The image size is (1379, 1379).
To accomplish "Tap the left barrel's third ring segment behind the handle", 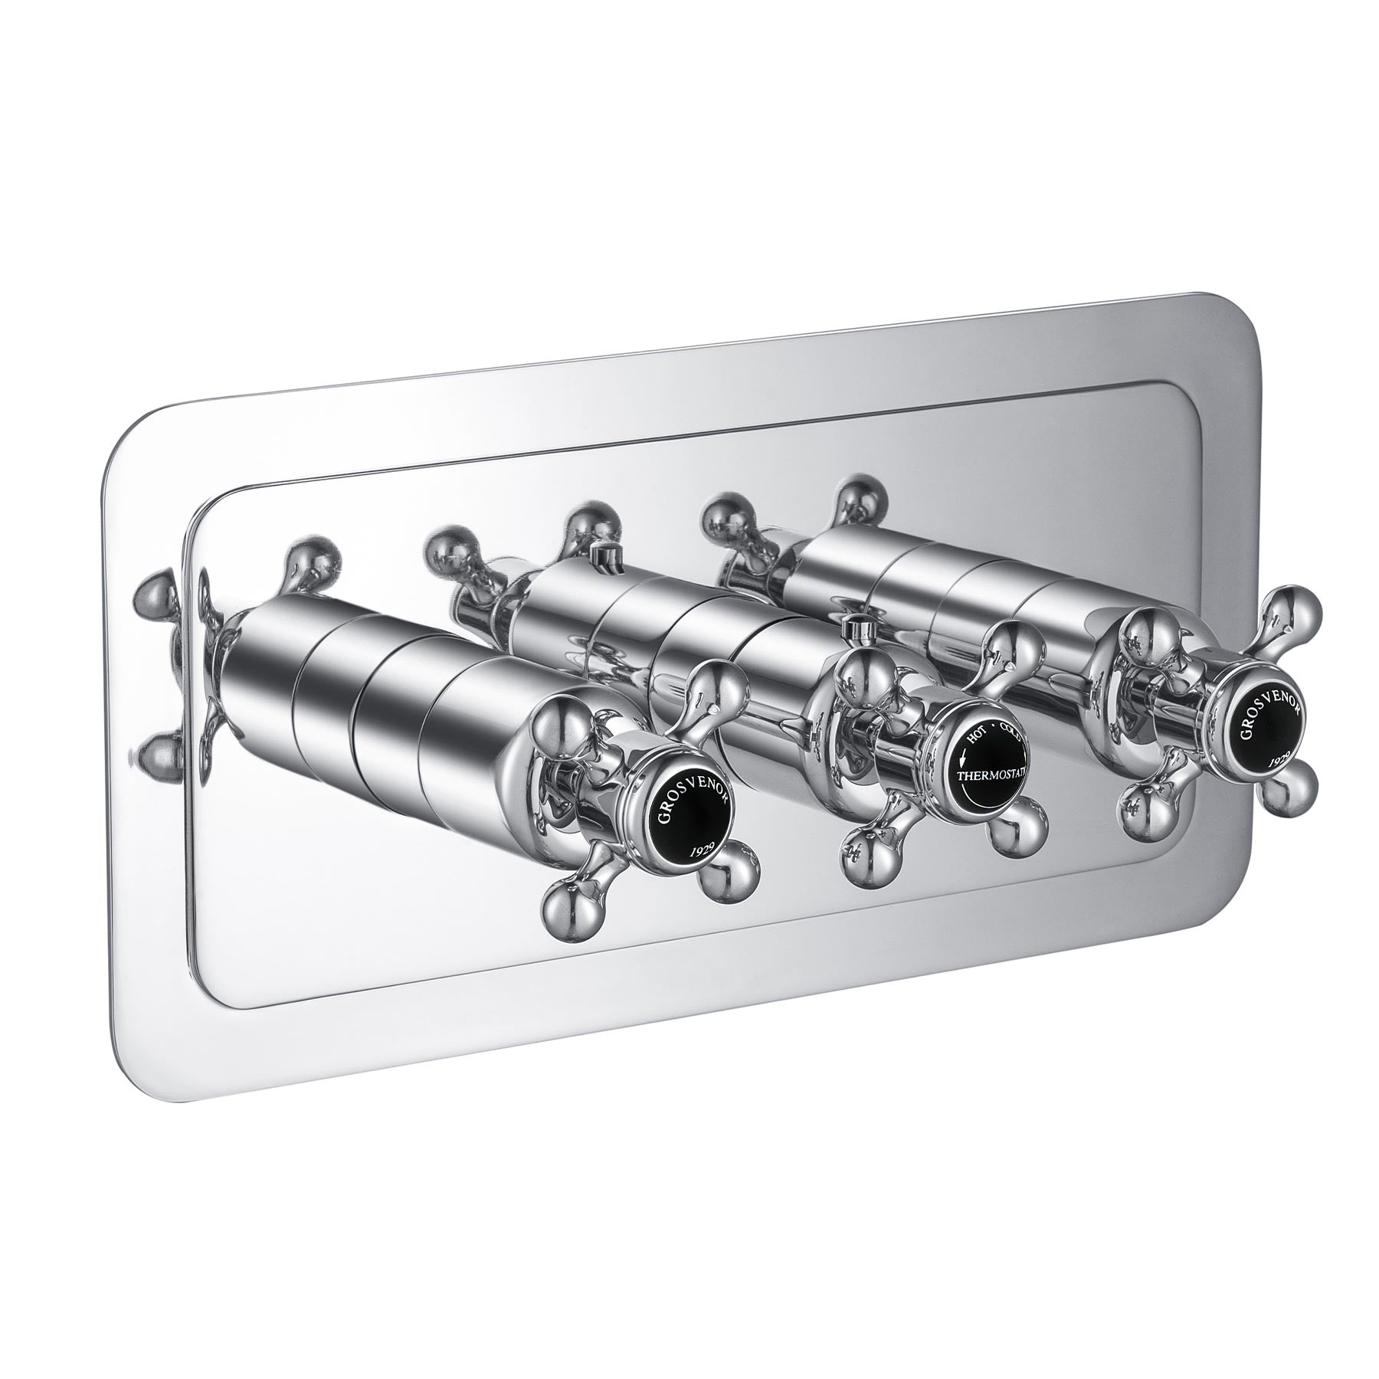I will pyautogui.click(x=391, y=689).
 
